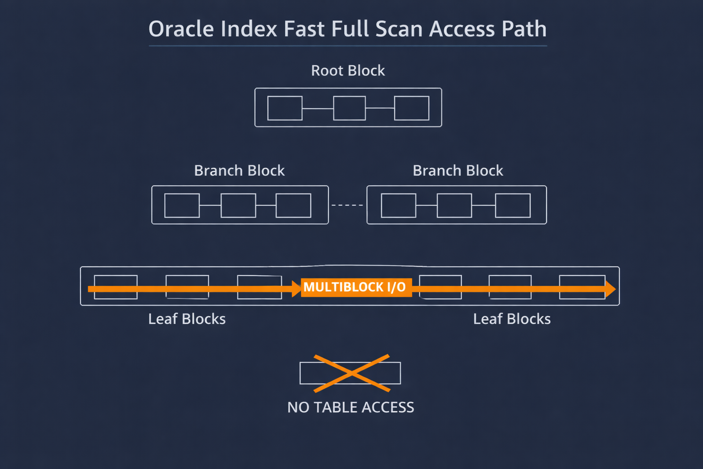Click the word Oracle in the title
point(181,29)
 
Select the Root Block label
point(348,71)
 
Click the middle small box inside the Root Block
point(349,108)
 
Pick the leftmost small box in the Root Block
point(285,108)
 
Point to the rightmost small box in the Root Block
point(411,108)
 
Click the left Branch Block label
point(239,171)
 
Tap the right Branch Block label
point(458,171)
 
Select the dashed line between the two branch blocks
point(347,205)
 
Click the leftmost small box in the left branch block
point(182,206)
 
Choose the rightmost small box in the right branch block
point(513,206)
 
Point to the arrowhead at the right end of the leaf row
point(611,289)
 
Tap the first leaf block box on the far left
point(116,287)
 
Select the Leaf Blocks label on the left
point(187,319)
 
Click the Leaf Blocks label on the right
point(512,319)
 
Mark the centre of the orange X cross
point(351,373)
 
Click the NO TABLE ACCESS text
point(351,408)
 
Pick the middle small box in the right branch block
point(454,206)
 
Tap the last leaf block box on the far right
point(582,287)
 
